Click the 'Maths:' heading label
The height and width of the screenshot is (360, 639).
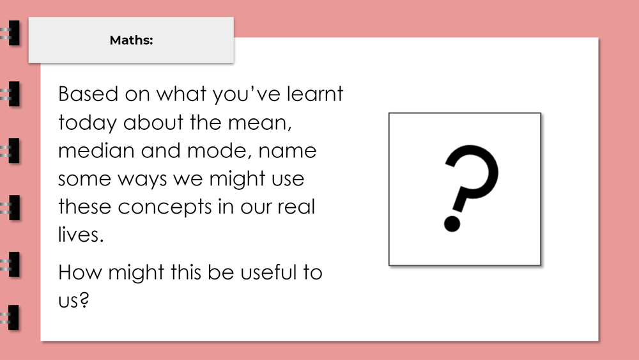131,40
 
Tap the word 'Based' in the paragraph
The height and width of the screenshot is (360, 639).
82,95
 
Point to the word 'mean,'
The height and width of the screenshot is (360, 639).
263,123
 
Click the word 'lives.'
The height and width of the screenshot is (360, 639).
80,235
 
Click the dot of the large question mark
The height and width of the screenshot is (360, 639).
452,223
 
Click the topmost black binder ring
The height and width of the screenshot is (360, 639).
12,33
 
